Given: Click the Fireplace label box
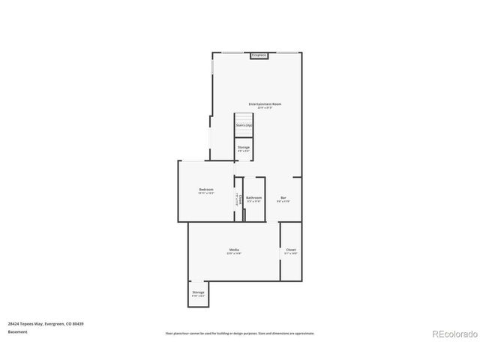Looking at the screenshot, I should coord(259,55).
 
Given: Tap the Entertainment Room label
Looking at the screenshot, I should coord(265,103).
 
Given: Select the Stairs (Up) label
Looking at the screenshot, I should coord(244,125).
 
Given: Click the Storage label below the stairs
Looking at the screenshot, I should coord(244,147).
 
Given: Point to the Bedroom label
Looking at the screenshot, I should coord(206,189).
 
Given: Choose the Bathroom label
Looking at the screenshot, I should coord(253,198).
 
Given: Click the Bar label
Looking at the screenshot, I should coord(283,198).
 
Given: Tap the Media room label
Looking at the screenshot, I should coord(234,250).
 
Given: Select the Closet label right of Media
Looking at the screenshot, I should coord(291,250).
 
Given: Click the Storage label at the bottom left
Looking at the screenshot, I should coord(198,292).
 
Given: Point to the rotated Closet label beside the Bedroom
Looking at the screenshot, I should coord(239,199).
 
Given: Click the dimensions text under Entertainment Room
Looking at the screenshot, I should coord(265,107).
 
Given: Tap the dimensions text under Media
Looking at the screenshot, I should coord(234,253).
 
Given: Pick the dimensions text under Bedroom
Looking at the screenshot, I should coord(206,193).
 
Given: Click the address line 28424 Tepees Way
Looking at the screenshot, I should coord(46,323).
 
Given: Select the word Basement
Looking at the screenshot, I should coord(18,331).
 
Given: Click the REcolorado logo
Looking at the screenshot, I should coord(453,333).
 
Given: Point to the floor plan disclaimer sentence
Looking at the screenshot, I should coord(240,333).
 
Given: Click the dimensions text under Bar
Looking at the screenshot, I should coord(283,202).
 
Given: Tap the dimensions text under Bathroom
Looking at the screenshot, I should coord(253,202).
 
